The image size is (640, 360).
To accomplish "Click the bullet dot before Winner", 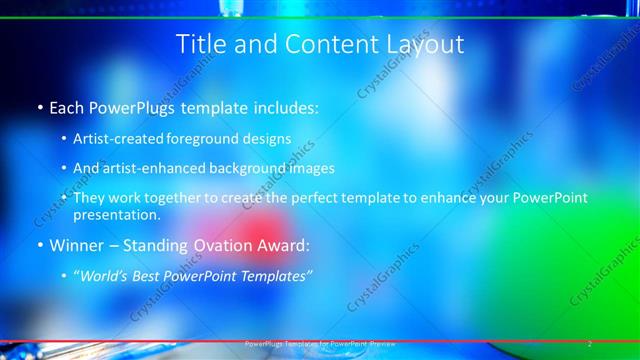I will point(39,245).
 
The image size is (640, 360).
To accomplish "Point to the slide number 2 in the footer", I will point(590,343).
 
